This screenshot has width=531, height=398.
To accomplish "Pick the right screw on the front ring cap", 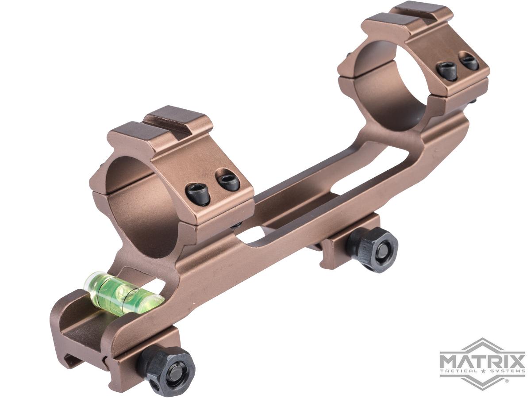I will tap(228, 181).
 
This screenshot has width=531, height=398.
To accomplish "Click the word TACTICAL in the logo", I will tap(460, 371).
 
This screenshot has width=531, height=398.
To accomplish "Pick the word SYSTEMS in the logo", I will tap(505, 371).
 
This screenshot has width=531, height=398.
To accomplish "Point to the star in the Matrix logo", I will tap(483, 371).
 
